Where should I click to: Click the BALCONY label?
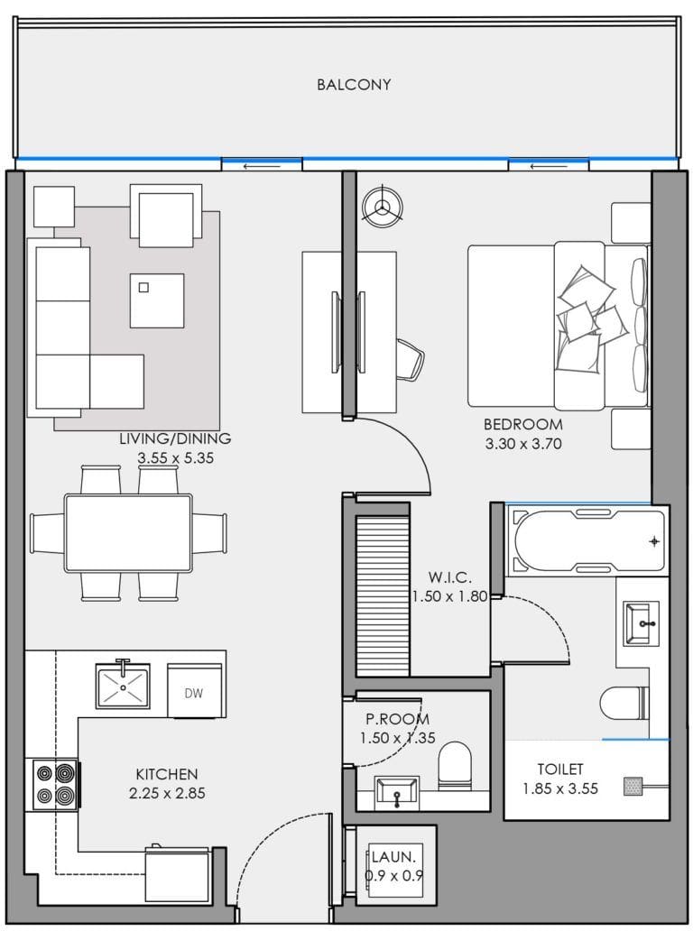pos(354,85)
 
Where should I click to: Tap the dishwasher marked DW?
pos(193,693)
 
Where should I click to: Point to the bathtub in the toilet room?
pos(588,541)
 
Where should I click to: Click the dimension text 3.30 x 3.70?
pos(522,444)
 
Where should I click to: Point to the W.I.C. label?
pos(448,577)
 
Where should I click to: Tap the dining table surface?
pos(128,532)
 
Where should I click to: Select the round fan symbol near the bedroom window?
pos(380,206)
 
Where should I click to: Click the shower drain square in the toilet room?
pos(633,787)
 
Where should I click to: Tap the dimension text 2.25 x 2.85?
pos(167,793)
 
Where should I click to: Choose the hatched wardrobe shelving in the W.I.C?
pos(383,595)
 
